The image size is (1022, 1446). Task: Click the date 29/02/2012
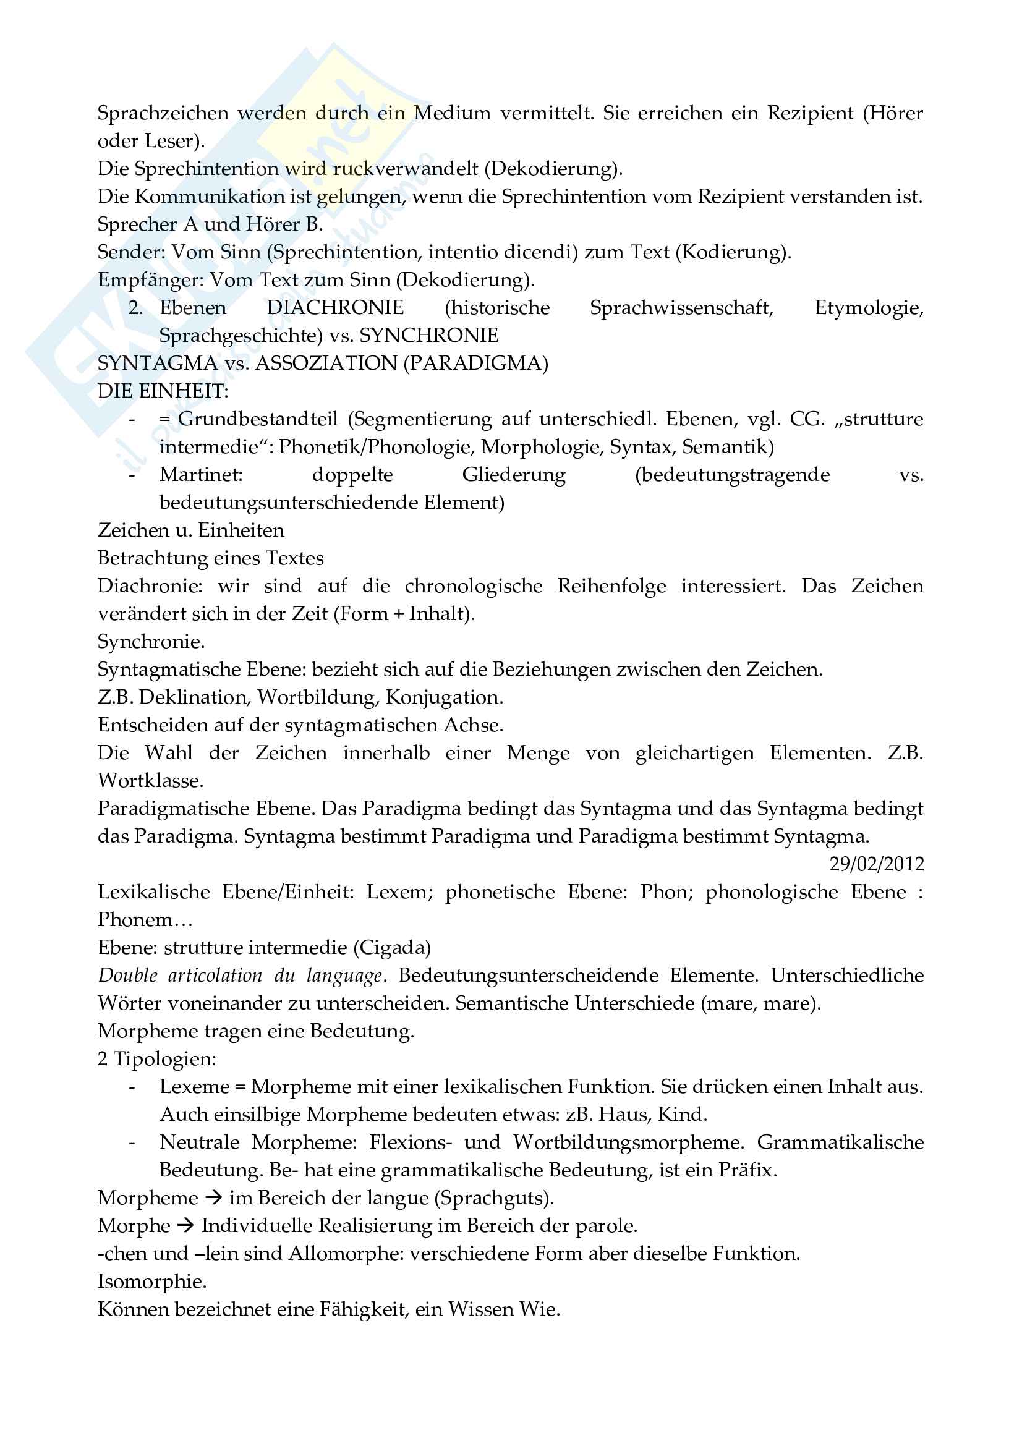(876, 864)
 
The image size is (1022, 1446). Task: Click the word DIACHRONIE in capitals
(335, 307)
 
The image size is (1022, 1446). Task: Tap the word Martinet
(201, 474)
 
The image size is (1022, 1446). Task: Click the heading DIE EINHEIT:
(163, 391)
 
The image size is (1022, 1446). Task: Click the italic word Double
(129, 975)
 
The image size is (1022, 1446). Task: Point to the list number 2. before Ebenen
(135, 308)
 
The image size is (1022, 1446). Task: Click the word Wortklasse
(150, 780)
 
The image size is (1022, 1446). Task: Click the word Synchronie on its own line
(150, 641)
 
